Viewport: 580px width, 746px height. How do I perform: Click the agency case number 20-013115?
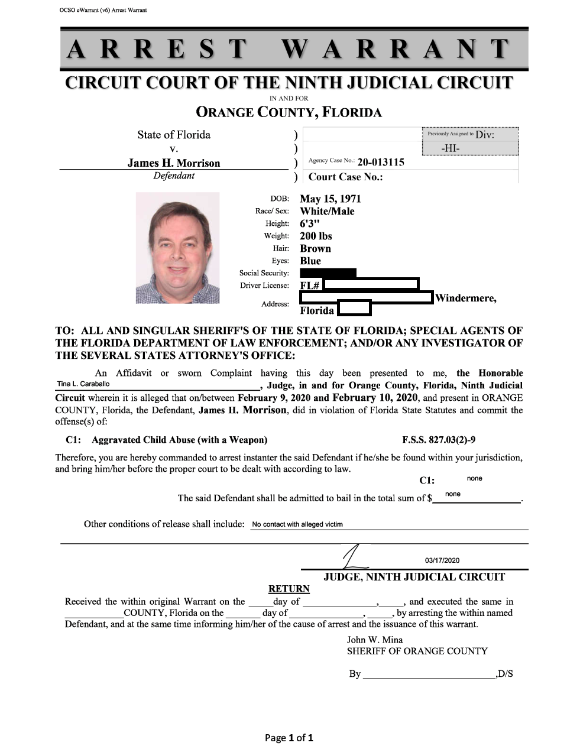(381, 162)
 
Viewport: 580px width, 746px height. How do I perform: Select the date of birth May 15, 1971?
(330, 199)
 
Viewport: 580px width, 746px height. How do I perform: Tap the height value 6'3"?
(309, 224)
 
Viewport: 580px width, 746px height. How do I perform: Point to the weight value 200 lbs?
(316, 236)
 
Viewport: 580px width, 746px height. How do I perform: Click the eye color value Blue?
(310, 261)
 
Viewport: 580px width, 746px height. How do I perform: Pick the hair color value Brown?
(315, 249)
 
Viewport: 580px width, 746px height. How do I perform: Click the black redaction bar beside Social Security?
(328, 273)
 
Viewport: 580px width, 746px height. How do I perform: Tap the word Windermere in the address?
(465, 299)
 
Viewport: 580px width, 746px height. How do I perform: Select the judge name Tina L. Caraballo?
(83, 384)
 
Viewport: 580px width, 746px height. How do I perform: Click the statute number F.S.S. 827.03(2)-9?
(439, 440)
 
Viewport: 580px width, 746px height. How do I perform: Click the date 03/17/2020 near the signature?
(442, 560)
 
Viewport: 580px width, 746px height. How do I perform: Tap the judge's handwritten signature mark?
(354, 558)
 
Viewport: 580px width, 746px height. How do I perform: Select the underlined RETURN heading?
(289, 589)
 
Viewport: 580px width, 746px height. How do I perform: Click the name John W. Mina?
(374, 640)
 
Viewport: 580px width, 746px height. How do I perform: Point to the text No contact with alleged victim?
(297, 524)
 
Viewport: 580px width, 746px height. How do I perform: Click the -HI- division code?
(450, 148)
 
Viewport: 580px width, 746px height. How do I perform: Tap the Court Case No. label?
(345, 177)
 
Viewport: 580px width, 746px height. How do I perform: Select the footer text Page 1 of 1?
(289, 737)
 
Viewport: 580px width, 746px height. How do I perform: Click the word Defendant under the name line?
(174, 176)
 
